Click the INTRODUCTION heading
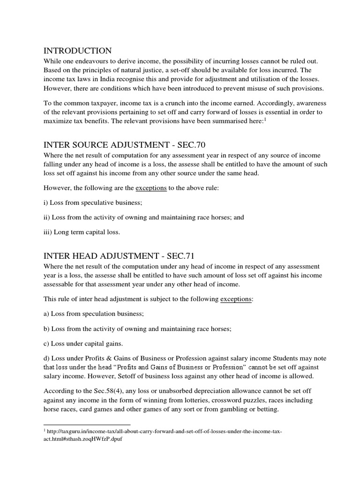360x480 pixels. (77, 51)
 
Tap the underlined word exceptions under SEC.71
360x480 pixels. (236, 299)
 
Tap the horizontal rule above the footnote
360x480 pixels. (87, 425)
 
